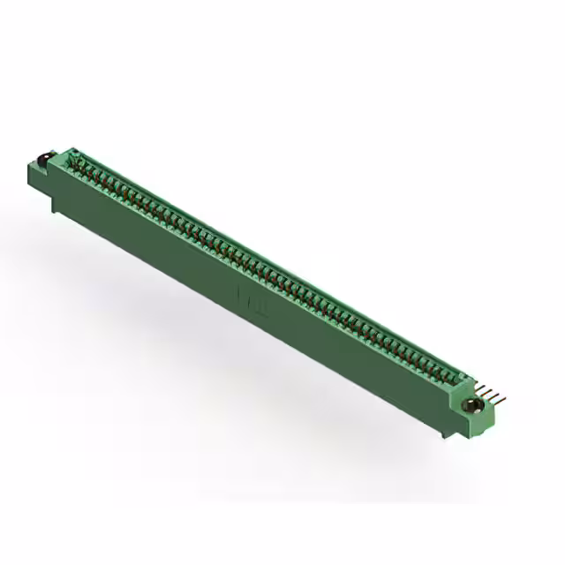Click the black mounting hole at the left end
click(x=41, y=161)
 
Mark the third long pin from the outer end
click(x=493, y=390)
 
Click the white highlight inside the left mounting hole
click(x=40, y=159)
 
